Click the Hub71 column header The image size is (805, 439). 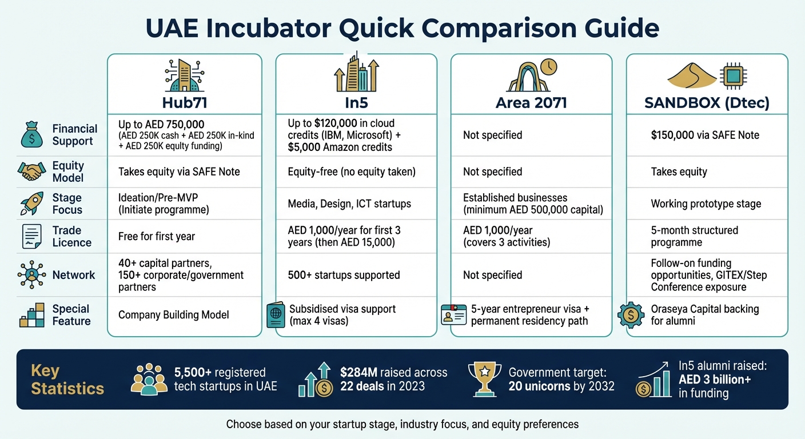(x=184, y=103)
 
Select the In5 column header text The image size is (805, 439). (x=356, y=103)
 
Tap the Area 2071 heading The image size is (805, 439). (x=531, y=103)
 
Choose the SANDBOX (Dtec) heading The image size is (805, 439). (x=707, y=103)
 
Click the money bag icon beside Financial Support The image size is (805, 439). (x=31, y=135)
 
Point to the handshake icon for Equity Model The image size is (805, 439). (x=31, y=171)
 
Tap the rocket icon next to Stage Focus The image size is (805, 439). (x=31, y=203)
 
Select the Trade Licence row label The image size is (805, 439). (x=71, y=236)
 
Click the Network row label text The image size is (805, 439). (x=74, y=275)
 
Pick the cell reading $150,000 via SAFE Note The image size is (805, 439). (x=704, y=135)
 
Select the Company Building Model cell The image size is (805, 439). (x=173, y=315)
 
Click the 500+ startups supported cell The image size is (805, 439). (x=343, y=275)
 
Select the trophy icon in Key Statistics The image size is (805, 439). (x=484, y=378)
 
